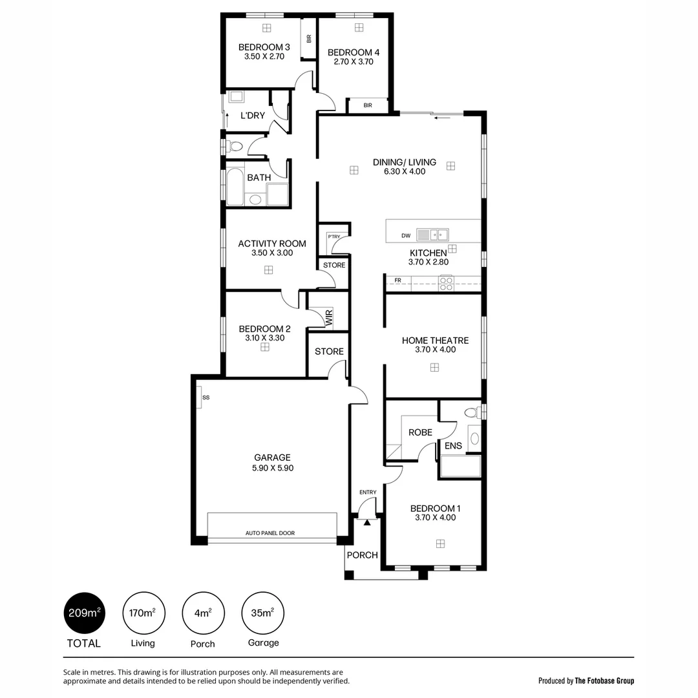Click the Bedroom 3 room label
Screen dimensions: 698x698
[x=264, y=47]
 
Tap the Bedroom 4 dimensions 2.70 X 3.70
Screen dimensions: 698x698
[x=354, y=62]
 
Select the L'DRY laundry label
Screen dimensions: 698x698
[x=252, y=116]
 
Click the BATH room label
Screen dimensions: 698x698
[x=259, y=178]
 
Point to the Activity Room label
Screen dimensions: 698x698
[x=271, y=244]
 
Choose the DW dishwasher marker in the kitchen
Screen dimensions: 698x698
[x=405, y=236]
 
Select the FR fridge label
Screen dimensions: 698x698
[x=398, y=280]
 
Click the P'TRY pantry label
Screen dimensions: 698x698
[x=333, y=237]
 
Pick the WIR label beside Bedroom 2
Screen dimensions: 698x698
[x=329, y=317]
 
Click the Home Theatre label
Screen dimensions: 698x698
[x=435, y=341]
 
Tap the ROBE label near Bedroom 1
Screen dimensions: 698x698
[x=420, y=432]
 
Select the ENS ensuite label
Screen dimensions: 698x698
[x=453, y=445]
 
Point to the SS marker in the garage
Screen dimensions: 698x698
[x=206, y=397]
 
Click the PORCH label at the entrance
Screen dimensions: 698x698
[x=362, y=555]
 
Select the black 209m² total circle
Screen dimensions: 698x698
[x=84, y=613]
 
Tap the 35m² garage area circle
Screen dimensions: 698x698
[x=263, y=613]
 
